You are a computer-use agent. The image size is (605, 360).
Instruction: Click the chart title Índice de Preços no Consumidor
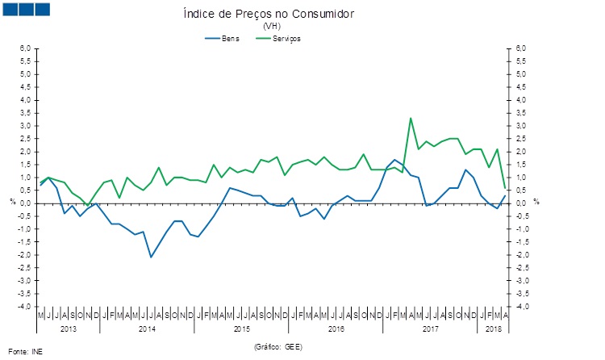269,15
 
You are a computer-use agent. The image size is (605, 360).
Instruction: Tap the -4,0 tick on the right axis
522,307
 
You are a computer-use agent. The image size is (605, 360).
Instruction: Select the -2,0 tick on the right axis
522,255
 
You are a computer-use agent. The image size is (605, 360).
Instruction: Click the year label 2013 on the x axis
68,329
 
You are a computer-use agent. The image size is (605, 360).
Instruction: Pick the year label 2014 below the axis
147,329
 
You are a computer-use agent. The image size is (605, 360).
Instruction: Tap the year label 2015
241,329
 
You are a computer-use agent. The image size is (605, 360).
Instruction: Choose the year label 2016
336,329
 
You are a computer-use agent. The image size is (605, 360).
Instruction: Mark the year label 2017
430,329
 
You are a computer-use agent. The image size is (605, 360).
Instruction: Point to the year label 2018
494,329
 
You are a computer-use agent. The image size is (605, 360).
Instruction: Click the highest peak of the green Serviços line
411,118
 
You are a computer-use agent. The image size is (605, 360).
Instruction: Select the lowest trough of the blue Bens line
151,257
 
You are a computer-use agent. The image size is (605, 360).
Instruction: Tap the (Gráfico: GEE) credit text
277,345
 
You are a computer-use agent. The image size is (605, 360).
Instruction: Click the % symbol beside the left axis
12,202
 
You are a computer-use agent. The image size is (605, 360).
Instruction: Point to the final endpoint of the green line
505,187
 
